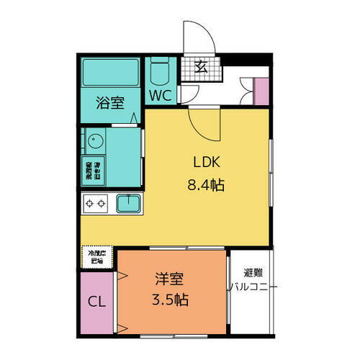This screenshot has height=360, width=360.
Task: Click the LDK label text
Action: (204, 161)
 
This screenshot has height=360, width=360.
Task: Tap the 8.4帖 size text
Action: (205, 185)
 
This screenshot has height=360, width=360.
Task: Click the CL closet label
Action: (97, 301)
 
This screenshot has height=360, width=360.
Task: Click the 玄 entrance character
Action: (202, 68)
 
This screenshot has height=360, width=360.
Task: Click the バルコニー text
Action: (252, 288)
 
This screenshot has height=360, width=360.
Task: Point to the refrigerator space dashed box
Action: (96, 257)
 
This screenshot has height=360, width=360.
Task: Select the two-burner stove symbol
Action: (97, 204)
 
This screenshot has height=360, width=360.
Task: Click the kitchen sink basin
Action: (129, 204)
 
